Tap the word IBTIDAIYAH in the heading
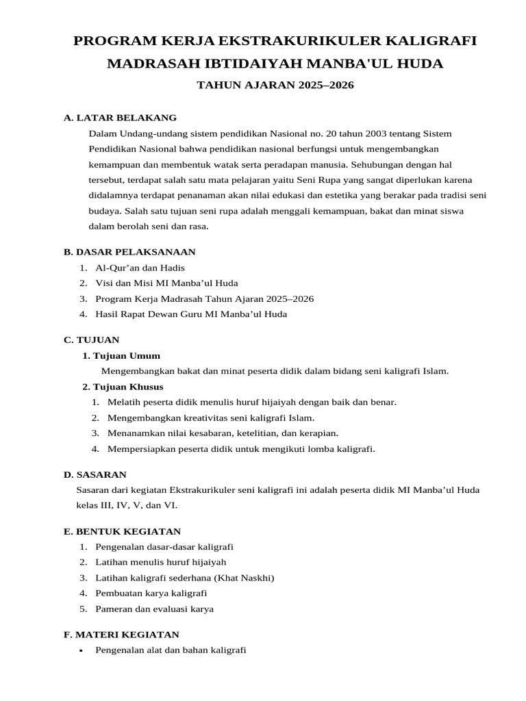click(217, 64)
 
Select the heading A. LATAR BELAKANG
click(120, 118)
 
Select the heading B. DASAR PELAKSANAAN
click(129, 252)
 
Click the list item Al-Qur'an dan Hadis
click(140, 268)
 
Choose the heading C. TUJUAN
click(92, 340)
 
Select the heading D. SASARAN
click(95, 474)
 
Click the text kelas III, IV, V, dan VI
click(127, 505)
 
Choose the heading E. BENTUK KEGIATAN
click(122, 531)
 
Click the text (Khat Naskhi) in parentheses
click(244, 578)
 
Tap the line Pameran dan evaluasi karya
click(155, 609)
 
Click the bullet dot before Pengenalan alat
click(82, 650)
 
